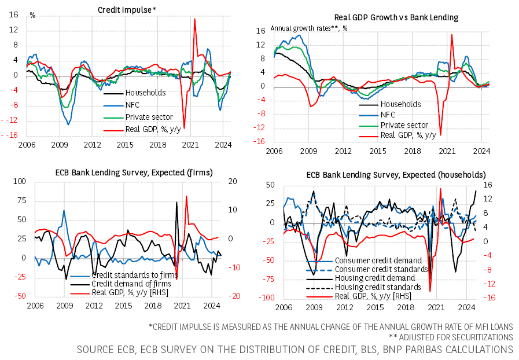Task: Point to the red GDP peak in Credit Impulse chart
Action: pos(194,19)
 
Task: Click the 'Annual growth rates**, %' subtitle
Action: pos(309,28)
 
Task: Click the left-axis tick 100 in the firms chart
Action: pos(19,181)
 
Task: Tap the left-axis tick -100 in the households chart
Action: pos(267,299)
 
